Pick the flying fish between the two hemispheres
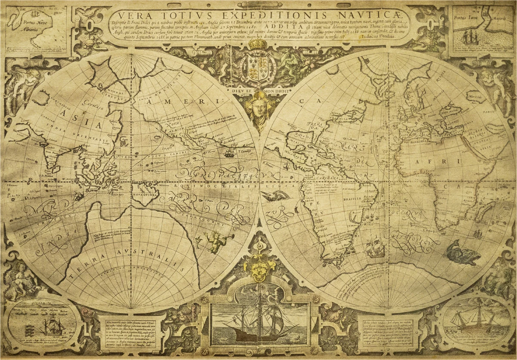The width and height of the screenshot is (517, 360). (x=276, y=196)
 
